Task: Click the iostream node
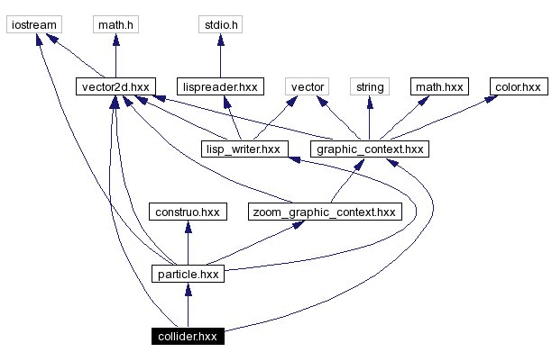tap(30, 25)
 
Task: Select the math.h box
tap(115, 25)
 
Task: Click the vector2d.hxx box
tap(115, 87)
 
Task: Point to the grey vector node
tap(305, 87)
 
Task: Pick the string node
tap(369, 87)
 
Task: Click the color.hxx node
tap(518, 87)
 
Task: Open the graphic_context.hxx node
tap(368, 149)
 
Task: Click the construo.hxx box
tap(187, 212)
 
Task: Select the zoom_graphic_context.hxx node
tap(323, 212)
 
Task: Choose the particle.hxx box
tap(187, 274)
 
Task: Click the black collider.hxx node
tap(187, 337)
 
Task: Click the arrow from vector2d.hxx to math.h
tap(115, 56)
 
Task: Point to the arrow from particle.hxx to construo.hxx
tap(187, 243)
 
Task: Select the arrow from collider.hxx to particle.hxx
tap(187, 305)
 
